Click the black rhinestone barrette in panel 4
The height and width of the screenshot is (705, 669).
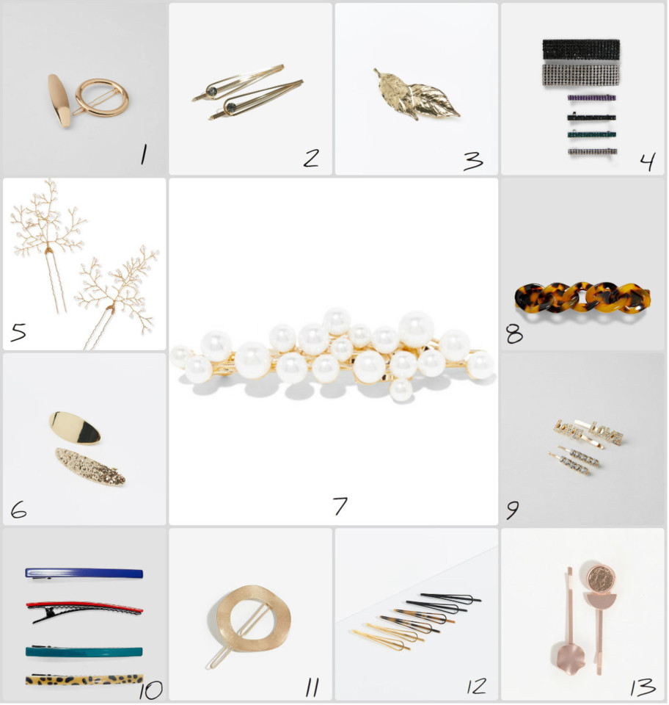tap(581, 50)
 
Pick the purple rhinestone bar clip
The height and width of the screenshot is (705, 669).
tap(591, 98)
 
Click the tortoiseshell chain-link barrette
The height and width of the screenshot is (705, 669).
tap(582, 297)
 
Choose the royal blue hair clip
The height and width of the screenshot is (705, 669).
tap(84, 574)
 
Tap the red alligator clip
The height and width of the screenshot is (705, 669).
tap(84, 610)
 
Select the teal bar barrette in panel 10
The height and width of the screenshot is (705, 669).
tap(84, 651)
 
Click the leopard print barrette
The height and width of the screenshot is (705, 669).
tap(84, 679)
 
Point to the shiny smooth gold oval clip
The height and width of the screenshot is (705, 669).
tap(75, 427)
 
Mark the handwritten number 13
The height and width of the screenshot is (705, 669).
tap(643, 687)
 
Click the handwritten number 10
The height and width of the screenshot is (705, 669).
tap(150, 690)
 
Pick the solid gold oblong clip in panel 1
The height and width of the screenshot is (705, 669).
tap(59, 101)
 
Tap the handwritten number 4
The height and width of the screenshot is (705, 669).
tap(648, 161)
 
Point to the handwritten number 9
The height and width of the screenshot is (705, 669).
tap(512, 510)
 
